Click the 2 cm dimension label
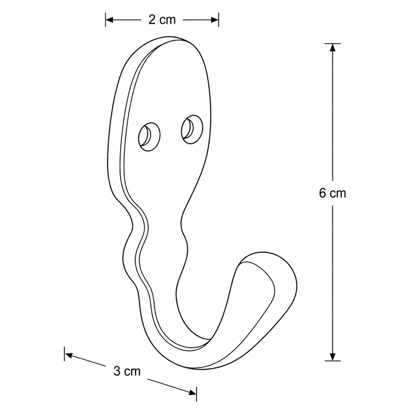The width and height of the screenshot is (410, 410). (x=162, y=20)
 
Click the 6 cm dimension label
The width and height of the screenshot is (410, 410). (x=333, y=193)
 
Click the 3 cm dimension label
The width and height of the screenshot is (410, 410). (x=127, y=371)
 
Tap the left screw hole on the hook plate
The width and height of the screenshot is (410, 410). (x=149, y=136)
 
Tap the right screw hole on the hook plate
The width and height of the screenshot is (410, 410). (x=192, y=129)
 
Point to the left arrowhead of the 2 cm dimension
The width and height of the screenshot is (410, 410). (x=109, y=20)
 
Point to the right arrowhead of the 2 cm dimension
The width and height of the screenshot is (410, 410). (x=215, y=20)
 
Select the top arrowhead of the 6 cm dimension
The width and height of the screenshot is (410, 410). (x=333, y=48)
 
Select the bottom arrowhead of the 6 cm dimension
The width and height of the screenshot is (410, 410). (x=333, y=356)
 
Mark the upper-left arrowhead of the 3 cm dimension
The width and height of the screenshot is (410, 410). (x=69, y=355)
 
